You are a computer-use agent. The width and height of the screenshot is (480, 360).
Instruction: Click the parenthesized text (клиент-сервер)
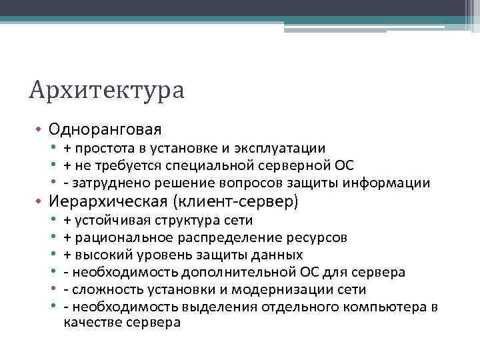point(235,201)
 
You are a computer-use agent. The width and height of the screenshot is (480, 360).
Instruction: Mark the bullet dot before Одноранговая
point(39,127)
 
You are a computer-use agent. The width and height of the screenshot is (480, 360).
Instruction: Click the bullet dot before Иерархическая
point(39,201)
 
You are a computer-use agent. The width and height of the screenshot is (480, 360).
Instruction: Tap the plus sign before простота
point(67,149)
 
